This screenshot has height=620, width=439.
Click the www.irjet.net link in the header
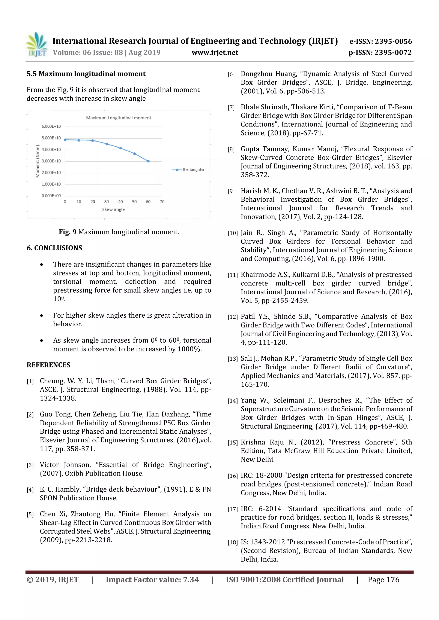[215, 53]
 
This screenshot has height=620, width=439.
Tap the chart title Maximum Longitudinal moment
[119, 118]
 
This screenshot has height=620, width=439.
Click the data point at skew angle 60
[148, 161]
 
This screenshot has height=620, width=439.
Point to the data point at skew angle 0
[65, 140]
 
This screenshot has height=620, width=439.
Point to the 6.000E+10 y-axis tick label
[51, 126]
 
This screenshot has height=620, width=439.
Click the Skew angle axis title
[113, 209]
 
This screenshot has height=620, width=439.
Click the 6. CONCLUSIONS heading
[54, 248]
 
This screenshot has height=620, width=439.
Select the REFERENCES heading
[48, 365]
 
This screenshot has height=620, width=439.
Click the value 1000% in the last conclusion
[189, 349]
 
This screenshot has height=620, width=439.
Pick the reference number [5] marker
[30, 514]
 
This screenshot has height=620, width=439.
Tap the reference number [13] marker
[232, 359]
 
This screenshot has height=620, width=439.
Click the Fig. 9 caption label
[68, 232]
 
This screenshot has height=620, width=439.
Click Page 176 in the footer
[383, 580]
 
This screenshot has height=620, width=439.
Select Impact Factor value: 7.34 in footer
[152, 580]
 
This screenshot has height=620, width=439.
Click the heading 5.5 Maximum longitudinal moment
[86, 74]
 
